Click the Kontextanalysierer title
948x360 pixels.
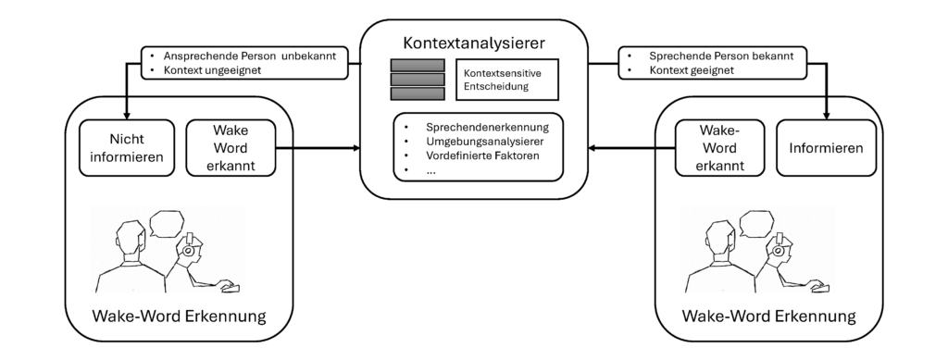[x=474, y=43]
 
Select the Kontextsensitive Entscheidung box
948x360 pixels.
[x=507, y=80]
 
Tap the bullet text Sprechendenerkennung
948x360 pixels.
[x=488, y=127]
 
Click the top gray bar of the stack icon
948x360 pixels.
[x=417, y=66]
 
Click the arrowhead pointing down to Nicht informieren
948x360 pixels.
[x=128, y=113]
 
